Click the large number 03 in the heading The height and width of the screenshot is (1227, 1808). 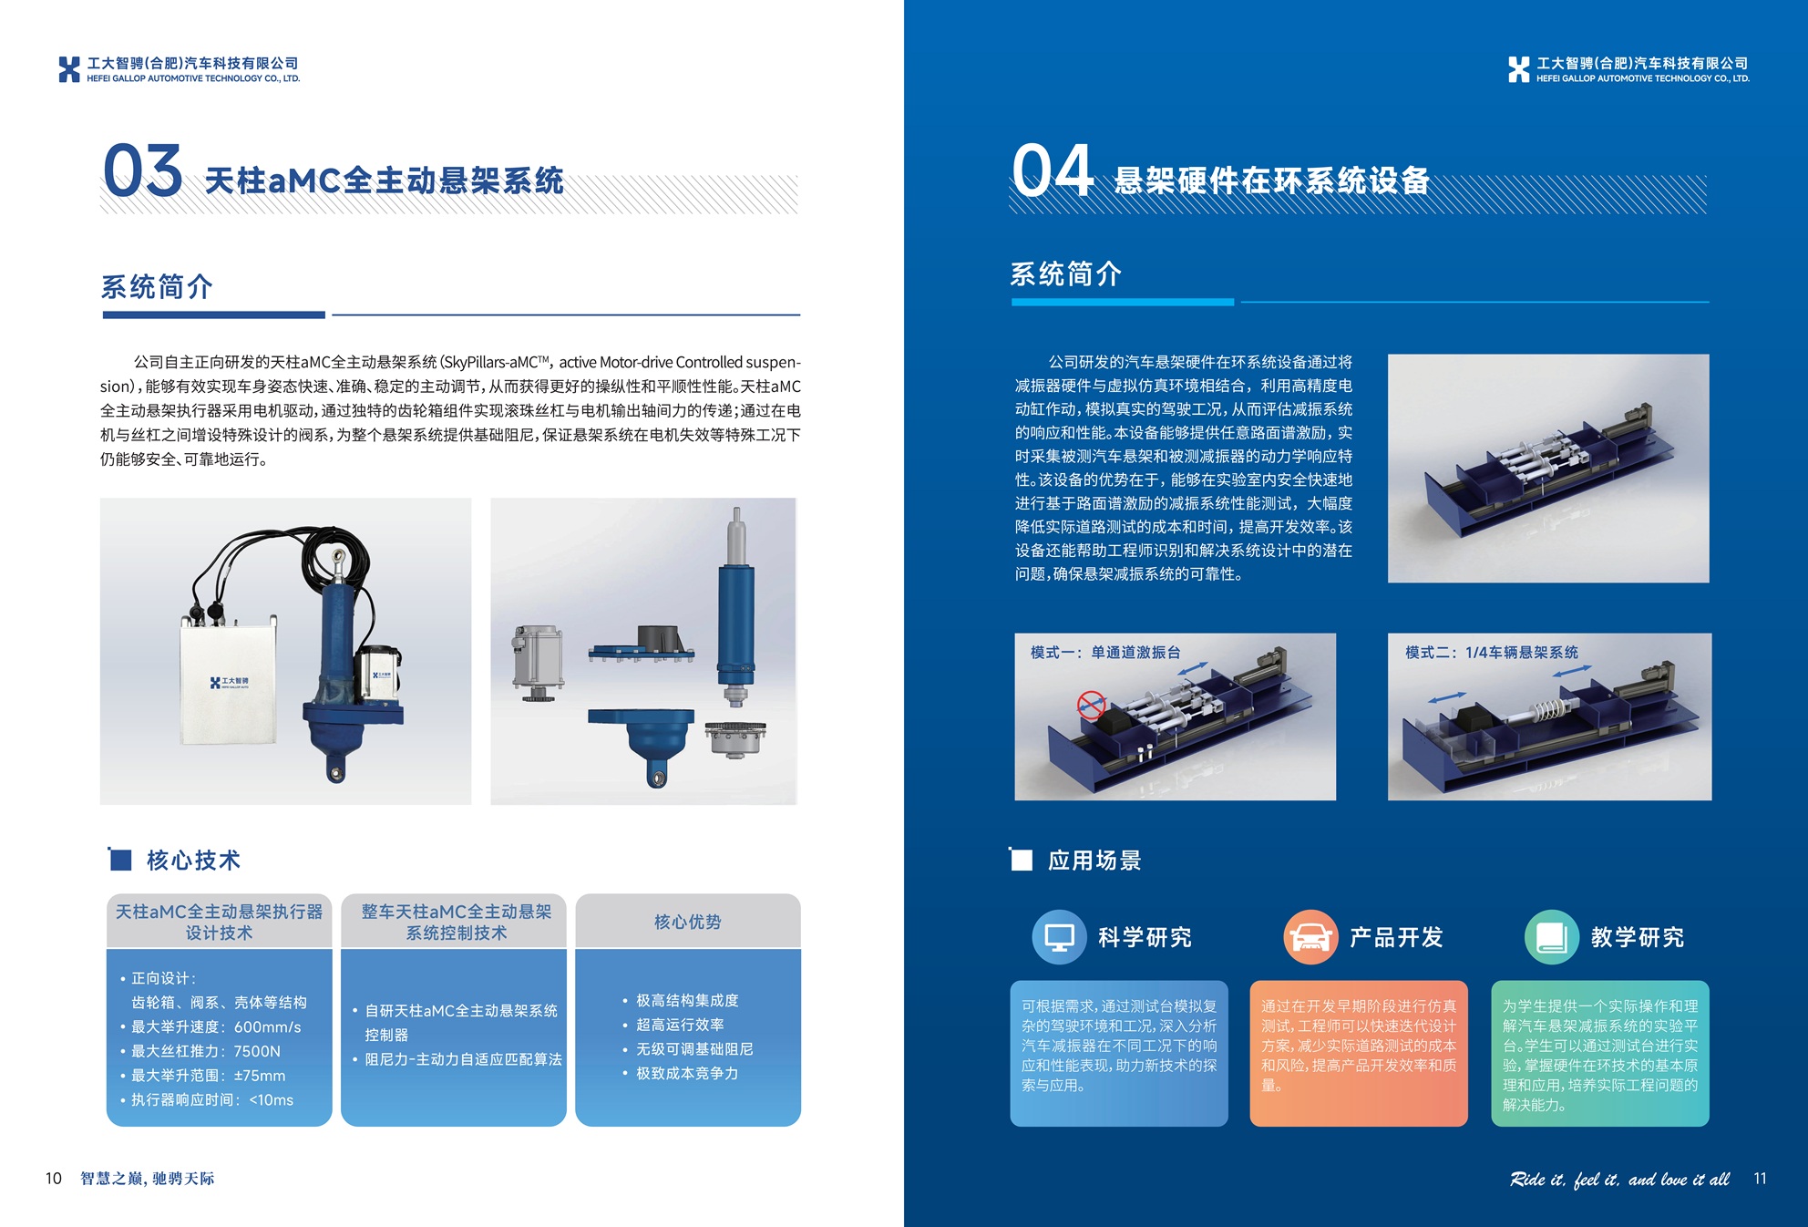(x=143, y=170)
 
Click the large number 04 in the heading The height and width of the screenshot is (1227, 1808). (x=1053, y=170)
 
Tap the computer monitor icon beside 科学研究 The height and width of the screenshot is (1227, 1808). (x=1059, y=937)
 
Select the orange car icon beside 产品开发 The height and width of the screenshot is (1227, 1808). (x=1310, y=937)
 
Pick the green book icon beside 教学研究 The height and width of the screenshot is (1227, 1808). (x=1552, y=937)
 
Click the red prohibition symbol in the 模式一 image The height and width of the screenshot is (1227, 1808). (x=1091, y=704)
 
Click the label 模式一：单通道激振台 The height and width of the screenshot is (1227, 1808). (x=1105, y=653)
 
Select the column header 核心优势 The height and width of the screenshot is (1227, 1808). (x=688, y=922)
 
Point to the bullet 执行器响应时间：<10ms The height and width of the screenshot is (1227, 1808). (x=212, y=1100)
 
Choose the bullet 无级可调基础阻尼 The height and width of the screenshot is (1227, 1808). (x=694, y=1049)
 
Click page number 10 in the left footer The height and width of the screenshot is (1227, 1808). (x=54, y=1179)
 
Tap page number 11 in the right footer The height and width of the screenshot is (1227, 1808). (x=1760, y=1179)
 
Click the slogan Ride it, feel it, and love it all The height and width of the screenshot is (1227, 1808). (x=1619, y=1180)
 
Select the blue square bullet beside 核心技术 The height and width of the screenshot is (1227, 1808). (x=119, y=859)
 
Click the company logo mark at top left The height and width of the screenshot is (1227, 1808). (x=69, y=69)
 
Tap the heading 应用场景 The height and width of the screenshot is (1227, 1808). (x=1094, y=861)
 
